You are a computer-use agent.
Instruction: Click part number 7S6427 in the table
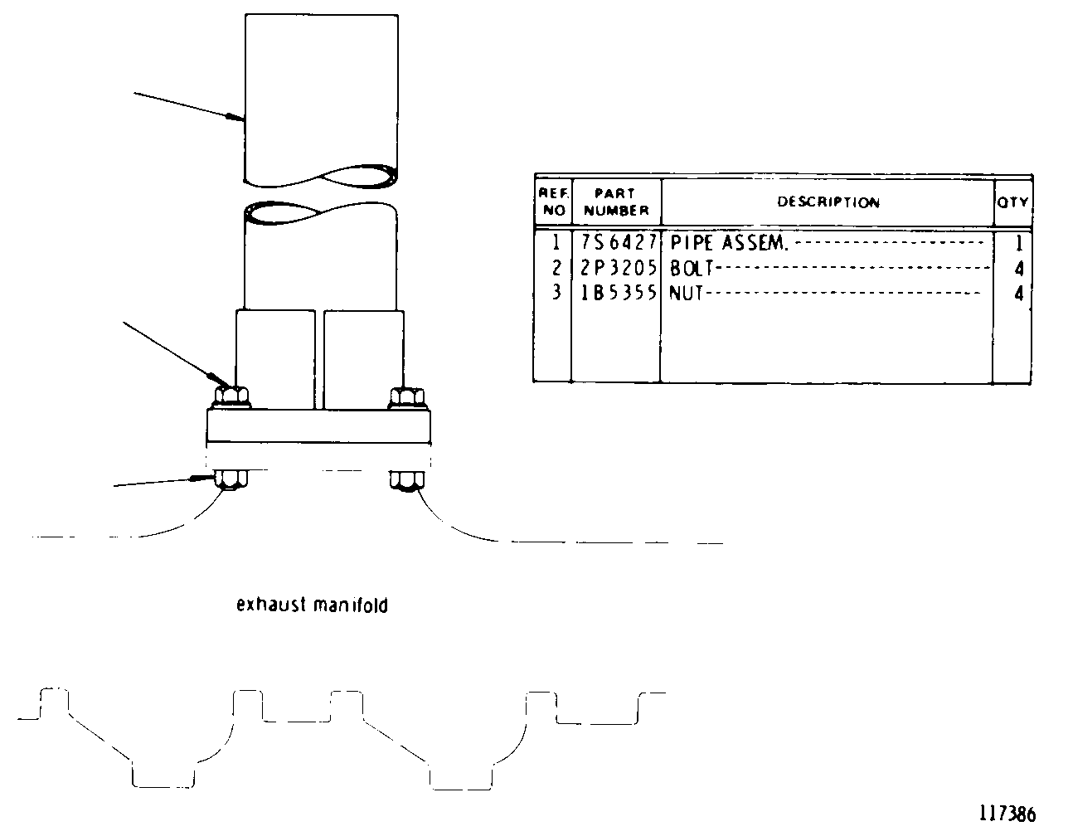(619, 242)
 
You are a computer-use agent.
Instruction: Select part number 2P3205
(619, 268)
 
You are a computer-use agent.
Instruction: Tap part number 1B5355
(619, 293)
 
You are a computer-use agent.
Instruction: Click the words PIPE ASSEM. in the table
(729, 243)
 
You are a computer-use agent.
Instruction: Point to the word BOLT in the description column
(692, 269)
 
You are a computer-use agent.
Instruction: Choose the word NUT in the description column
(686, 294)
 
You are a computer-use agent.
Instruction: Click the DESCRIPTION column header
(828, 202)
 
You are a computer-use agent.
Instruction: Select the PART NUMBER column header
(616, 202)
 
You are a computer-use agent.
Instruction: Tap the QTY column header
(1012, 202)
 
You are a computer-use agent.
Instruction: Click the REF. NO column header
(554, 202)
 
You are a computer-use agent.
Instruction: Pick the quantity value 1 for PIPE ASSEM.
(1019, 243)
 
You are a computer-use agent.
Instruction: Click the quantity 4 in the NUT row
(1019, 294)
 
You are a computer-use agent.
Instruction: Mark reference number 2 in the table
(556, 268)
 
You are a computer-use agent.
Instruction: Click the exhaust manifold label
(312, 605)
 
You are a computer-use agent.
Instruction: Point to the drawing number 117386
(1007, 814)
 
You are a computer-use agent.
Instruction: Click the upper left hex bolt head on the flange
(231, 397)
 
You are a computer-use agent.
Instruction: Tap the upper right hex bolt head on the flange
(407, 397)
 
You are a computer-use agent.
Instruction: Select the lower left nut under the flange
(231, 480)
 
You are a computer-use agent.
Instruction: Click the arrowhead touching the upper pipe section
(235, 117)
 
